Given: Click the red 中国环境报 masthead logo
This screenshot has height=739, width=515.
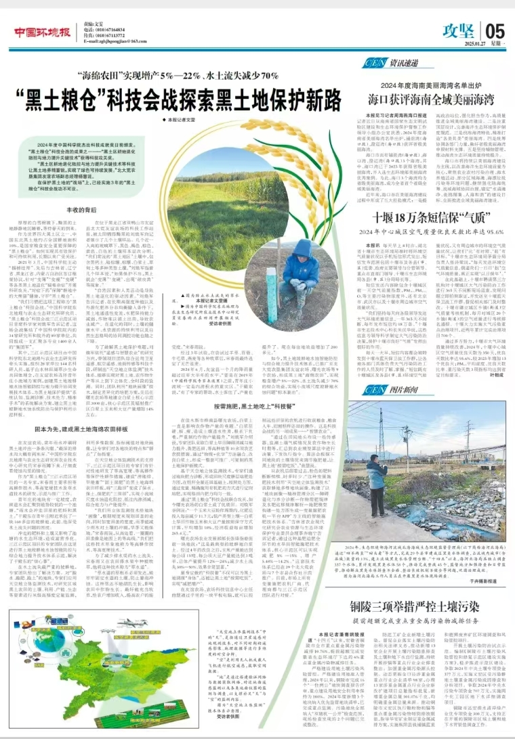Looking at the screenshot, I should click(x=42, y=32).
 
